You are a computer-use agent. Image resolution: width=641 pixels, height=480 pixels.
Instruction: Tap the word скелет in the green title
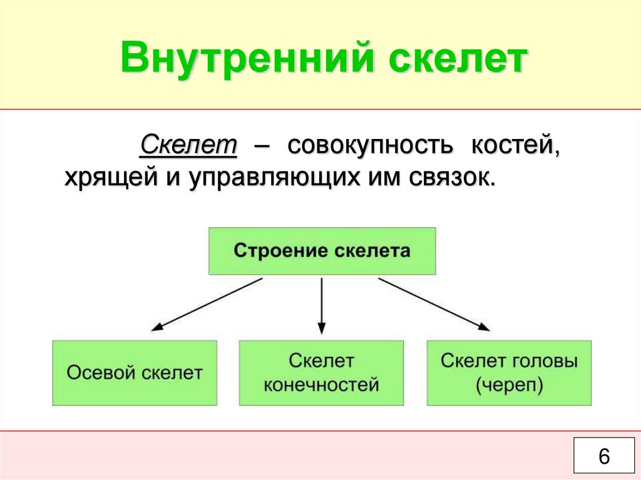(x=456, y=60)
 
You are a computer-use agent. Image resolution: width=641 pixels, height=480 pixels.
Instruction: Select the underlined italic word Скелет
(x=188, y=146)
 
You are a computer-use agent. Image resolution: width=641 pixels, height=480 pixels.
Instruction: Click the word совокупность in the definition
(x=369, y=146)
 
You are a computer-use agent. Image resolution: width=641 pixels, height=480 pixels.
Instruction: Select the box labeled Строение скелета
(x=322, y=251)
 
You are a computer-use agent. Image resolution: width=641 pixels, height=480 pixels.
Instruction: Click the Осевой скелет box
(x=135, y=372)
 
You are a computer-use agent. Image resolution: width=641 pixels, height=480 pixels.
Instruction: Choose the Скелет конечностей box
(x=321, y=372)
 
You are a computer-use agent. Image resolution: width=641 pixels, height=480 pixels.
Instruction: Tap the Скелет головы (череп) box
(x=508, y=372)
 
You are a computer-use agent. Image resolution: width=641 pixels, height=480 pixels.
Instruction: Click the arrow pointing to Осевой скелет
(x=207, y=304)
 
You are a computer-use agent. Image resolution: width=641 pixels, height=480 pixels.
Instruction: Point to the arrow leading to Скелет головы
(x=434, y=304)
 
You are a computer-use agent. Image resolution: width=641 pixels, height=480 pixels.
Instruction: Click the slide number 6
(x=603, y=456)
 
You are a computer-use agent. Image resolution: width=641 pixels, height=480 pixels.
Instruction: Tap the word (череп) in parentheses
(x=508, y=384)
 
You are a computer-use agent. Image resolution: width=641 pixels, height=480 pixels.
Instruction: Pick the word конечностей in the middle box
(x=321, y=384)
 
